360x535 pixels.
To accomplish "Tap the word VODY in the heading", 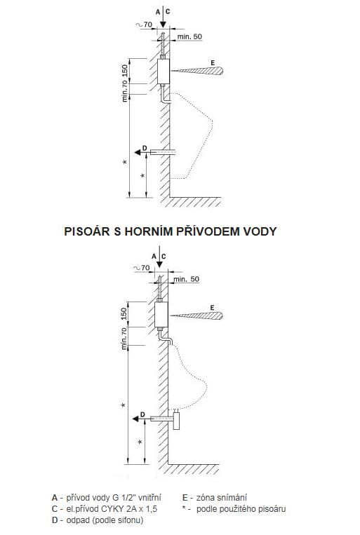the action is pyautogui.click(x=260, y=231).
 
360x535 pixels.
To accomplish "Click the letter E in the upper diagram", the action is pyautogui.click(x=213, y=63).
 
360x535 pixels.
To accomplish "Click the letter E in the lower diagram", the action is pyautogui.click(x=212, y=307).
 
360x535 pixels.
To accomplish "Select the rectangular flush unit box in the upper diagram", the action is pyautogui.click(x=164, y=72).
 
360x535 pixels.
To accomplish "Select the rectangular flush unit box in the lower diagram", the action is pyautogui.click(x=161, y=315).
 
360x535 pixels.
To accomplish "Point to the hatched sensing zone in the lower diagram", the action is pyautogui.click(x=197, y=316).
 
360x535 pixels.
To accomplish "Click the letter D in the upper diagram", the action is pyautogui.click(x=145, y=148).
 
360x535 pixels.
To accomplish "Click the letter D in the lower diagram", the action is pyautogui.click(x=142, y=414).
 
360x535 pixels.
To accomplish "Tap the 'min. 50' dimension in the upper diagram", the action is pyautogui.click(x=189, y=36).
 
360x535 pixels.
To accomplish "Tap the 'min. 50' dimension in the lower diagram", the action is pyautogui.click(x=186, y=279).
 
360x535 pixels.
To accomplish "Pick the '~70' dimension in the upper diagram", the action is pyautogui.click(x=144, y=25).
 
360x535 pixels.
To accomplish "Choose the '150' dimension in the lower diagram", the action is pyautogui.click(x=124, y=314).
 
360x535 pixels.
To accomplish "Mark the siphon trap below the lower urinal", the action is pyautogui.click(x=176, y=419).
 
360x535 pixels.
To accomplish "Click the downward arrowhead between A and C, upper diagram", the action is pyautogui.click(x=163, y=25).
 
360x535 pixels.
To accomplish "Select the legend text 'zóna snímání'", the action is pyautogui.click(x=221, y=498).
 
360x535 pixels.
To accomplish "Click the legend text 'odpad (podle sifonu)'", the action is pyautogui.click(x=105, y=520).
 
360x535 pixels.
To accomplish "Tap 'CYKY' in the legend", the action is pyautogui.click(x=114, y=509).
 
